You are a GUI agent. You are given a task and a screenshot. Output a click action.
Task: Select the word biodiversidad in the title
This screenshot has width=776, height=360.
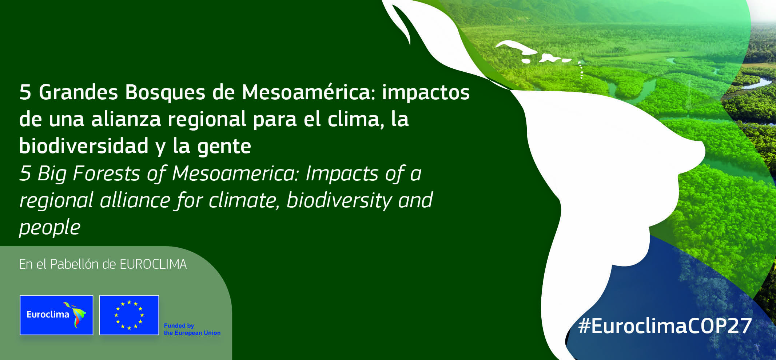point(84,146)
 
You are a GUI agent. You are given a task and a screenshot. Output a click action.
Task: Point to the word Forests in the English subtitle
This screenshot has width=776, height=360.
point(107,173)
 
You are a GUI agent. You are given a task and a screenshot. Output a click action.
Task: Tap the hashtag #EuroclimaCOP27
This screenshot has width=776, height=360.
point(665,326)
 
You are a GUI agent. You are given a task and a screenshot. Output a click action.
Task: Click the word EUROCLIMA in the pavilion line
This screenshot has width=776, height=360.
point(153,264)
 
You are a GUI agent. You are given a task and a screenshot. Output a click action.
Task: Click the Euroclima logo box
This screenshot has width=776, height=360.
point(56,315)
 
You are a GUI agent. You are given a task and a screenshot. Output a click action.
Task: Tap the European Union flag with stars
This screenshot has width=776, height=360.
point(129,315)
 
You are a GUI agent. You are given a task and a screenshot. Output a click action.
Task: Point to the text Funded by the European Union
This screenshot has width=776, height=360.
point(192,329)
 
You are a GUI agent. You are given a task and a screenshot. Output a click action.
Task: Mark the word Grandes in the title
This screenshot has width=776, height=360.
point(78,92)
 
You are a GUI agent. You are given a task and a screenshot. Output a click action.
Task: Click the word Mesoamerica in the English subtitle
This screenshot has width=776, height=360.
point(235,173)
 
